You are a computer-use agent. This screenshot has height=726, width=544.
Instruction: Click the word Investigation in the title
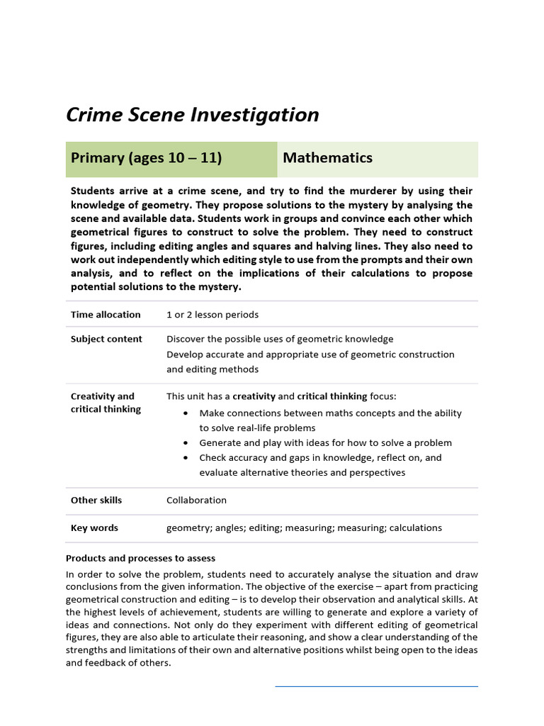pyautogui.click(x=255, y=115)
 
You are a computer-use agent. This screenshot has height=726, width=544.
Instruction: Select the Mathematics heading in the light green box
pyautogui.click(x=327, y=158)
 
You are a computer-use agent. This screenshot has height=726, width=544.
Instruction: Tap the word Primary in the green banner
pyautogui.click(x=97, y=158)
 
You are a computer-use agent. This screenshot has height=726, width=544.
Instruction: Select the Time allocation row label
pyautogui.click(x=106, y=315)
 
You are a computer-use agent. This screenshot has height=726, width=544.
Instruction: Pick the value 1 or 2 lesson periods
pyautogui.click(x=212, y=315)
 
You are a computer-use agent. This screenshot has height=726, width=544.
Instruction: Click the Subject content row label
pyautogui.click(x=106, y=339)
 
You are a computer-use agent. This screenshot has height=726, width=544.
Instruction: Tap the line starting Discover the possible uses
pyautogui.click(x=280, y=339)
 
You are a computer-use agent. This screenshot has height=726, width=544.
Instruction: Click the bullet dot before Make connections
pyautogui.click(x=186, y=413)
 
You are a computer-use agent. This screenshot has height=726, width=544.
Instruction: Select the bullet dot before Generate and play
pyautogui.click(x=186, y=443)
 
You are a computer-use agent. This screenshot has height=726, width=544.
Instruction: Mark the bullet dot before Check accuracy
pyautogui.click(x=186, y=458)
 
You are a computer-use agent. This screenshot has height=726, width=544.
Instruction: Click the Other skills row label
pyautogui.click(x=96, y=501)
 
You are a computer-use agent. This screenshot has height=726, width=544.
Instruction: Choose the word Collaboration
pyautogui.click(x=196, y=501)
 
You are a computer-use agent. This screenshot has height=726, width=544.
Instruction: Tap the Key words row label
pyautogui.click(x=94, y=528)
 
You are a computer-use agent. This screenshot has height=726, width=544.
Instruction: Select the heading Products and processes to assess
pyautogui.click(x=140, y=559)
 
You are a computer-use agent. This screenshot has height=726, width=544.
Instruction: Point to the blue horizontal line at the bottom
pyautogui.click(x=376, y=686)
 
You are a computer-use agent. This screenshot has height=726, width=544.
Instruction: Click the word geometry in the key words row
pyautogui.click(x=187, y=528)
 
